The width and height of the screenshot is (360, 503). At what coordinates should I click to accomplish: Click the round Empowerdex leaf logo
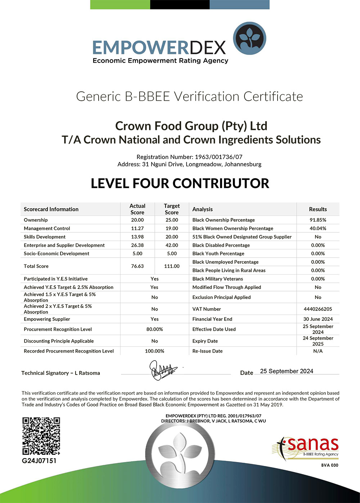pyautogui.click(x=249, y=38)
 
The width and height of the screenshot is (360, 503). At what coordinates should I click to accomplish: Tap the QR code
pyautogui.click(x=41, y=436)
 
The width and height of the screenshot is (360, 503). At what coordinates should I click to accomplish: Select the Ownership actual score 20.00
pyautogui.click(x=137, y=220)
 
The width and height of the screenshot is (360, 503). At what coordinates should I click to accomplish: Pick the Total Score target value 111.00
pyautogui.click(x=172, y=266)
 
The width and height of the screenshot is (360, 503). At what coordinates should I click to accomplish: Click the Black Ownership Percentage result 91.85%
pyautogui.click(x=318, y=220)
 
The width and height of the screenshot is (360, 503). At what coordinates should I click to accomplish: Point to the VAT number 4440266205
pyautogui.click(x=318, y=309)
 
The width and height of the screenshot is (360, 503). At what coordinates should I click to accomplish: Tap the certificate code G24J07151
pyautogui.click(x=39, y=461)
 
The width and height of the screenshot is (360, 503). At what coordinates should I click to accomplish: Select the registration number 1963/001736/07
pyautogui.click(x=219, y=157)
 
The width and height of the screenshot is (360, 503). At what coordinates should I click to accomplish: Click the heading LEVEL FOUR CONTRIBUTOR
pyautogui.click(x=180, y=183)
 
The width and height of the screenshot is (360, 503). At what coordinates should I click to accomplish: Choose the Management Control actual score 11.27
pyautogui.click(x=137, y=228)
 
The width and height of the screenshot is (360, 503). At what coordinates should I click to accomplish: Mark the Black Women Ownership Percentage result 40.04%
pyautogui.click(x=318, y=228)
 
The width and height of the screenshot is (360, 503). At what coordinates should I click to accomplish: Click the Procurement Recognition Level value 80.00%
pyautogui.click(x=154, y=329)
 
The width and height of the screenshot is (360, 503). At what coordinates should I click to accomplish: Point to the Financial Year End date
pyautogui.click(x=318, y=319)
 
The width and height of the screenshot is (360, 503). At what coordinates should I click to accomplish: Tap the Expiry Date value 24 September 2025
pyautogui.click(x=318, y=341)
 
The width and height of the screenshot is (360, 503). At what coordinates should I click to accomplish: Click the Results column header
pyautogui.click(x=318, y=209)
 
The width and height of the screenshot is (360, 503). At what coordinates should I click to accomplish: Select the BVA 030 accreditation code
pyautogui.click(x=330, y=465)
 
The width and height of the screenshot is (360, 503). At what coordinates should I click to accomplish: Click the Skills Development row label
pyautogui.click(x=45, y=237)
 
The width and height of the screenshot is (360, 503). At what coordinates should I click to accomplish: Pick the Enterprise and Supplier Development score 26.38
pyautogui.click(x=137, y=245)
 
